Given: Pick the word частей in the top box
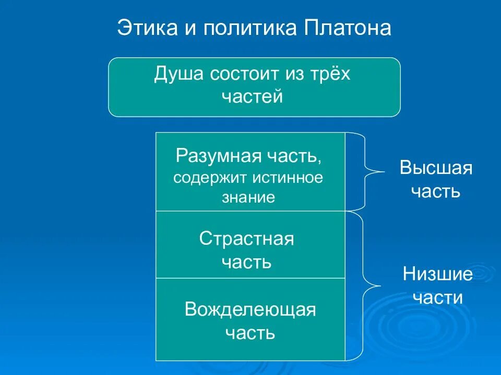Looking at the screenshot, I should pyautogui.click(x=252, y=97).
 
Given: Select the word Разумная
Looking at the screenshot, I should pyautogui.click(x=214, y=156).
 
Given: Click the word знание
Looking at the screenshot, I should pyautogui.click(x=248, y=197).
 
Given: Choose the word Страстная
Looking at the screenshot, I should pyautogui.click(x=246, y=239).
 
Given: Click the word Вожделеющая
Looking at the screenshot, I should pyautogui.click(x=250, y=309).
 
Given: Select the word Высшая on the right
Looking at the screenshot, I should pyautogui.click(x=436, y=168).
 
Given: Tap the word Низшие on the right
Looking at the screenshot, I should pyautogui.click(x=437, y=274).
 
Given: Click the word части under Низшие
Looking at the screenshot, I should pyautogui.click(x=437, y=297).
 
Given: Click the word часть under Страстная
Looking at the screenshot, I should pyautogui.click(x=246, y=261).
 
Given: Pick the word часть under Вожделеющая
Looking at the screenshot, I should pyautogui.click(x=250, y=332).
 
